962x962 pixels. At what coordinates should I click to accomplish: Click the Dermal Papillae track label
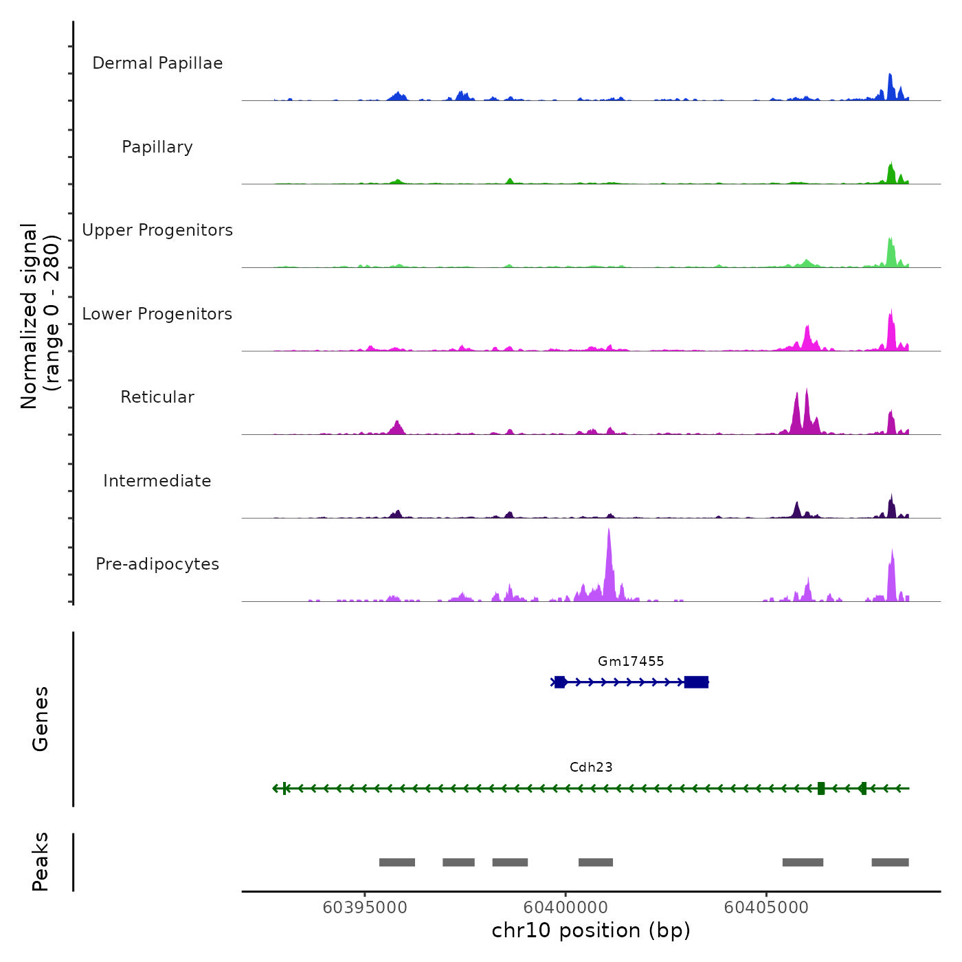[157, 63]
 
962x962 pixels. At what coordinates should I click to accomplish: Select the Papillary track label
[157, 147]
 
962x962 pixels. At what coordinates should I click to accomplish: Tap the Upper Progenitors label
[157, 230]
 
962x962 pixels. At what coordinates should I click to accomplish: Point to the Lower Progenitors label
[157, 314]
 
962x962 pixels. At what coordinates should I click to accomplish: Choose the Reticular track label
[157, 397]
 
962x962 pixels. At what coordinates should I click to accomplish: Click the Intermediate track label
[157, 481]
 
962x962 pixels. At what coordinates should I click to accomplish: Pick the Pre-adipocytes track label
[157, 564]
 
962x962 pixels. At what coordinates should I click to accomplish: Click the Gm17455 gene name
[631, 662]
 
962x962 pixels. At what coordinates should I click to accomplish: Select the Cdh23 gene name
[591, 768]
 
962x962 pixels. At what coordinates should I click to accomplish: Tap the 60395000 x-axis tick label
[365, 908]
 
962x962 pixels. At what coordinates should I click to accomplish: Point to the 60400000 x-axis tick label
[566, 908]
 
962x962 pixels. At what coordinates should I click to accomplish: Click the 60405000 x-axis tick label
[766, 908]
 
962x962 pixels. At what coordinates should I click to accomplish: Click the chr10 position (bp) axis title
[591, 931]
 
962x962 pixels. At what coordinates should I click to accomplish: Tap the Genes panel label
[41, 719]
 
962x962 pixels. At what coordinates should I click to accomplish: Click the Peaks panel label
[41, 862]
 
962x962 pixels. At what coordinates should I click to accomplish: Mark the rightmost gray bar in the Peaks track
[890, 862]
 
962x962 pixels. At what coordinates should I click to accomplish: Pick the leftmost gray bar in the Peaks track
[397, 862]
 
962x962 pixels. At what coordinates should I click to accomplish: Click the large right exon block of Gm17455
[696, 682]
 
